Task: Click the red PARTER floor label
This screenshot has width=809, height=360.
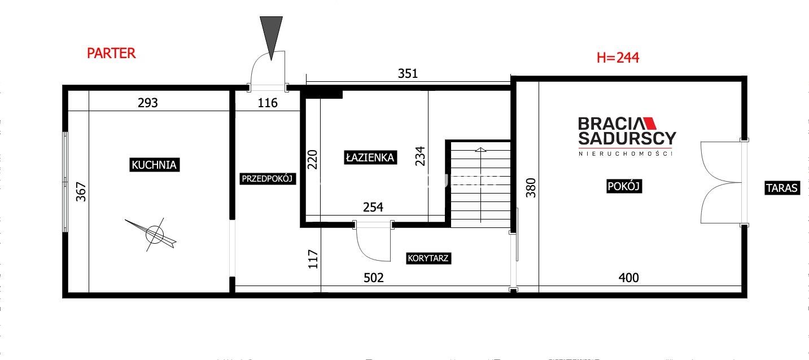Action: click(111, 54)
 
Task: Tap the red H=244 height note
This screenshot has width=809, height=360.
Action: click(618, 58)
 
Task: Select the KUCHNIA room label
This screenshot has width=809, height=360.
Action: click(154, 165)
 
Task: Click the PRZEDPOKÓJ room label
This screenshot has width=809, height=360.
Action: click(267, 178)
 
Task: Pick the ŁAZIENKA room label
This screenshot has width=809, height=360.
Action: click(370, 157)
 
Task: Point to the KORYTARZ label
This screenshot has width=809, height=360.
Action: click(428, 258)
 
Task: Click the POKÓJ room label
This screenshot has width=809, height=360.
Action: click(624, 186)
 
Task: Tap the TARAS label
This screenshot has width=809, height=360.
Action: click(782, 188)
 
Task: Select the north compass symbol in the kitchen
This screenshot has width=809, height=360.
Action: click(153, 235)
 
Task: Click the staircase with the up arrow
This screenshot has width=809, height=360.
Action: click(480, 184)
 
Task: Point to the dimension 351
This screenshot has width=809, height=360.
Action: click(408, 74)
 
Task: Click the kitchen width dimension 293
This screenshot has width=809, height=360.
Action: click(148, 103)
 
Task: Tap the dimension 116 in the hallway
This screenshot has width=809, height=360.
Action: click(268, 103)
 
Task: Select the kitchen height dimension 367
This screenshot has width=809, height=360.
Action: click(81, 192)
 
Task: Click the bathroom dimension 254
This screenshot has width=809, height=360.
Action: click(373, 207)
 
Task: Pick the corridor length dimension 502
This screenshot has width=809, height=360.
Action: click(373, 278)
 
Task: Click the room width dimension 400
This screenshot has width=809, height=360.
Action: click(629, 278)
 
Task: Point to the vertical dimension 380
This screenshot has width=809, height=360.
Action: click(531, 188)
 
